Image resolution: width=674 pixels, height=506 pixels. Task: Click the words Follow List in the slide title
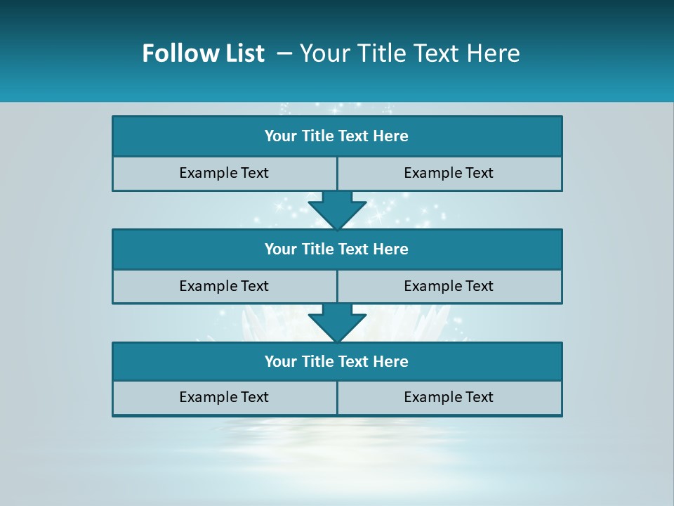click(x=203, y=53)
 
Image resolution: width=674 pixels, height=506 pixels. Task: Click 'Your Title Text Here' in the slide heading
click(x=409, y=53)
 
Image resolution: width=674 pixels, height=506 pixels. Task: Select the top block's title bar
click(x=337, y=136)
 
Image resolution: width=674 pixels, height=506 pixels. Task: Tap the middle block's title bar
click(x=337, y=249)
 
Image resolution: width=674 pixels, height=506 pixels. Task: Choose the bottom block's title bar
click(x=337, y=362)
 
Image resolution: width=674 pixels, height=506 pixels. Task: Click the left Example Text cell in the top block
click(x=224, y=174)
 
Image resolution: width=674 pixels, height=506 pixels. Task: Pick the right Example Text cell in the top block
click(x=449, y=174)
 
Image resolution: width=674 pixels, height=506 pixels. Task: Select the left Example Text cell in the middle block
click(x=224, y=287)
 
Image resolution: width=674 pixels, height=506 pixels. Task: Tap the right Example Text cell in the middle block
click(x=449, y=287)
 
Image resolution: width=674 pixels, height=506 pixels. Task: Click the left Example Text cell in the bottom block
click(x=224, y=398)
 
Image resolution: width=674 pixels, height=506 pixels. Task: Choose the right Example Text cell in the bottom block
click(x=449, y=398)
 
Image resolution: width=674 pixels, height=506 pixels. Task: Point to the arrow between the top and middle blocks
click(x=337, y=210)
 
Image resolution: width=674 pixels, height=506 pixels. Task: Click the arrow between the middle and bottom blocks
click(x=337, y=323)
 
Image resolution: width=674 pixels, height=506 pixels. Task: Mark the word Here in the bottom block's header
click(x=391, y=362)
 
